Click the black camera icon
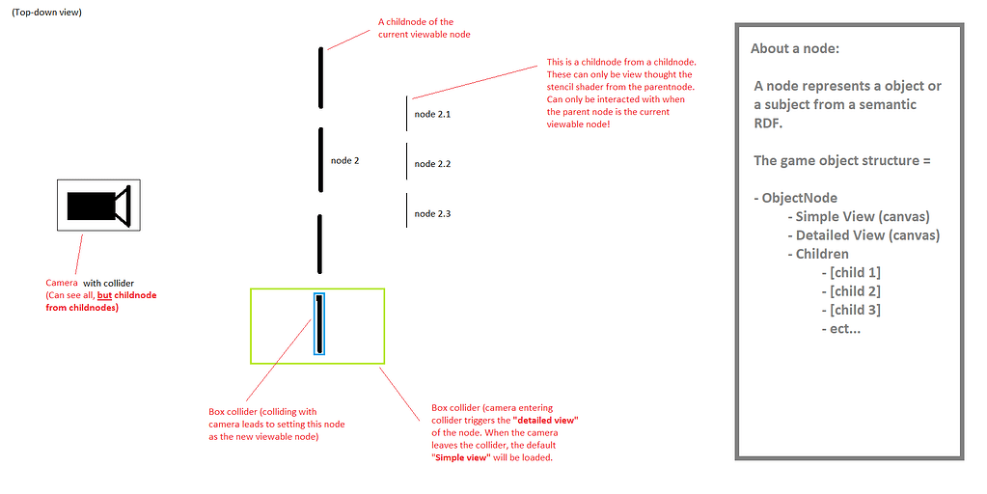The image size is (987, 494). pos(97,206)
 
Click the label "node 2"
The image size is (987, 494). pos(344,160)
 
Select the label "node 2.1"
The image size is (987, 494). pos(432,114)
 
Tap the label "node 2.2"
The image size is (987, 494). pos(432,164)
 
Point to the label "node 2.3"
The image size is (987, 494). pos(432,213)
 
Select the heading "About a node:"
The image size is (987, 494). pos(801,49)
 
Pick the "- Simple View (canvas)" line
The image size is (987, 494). pos(859,216)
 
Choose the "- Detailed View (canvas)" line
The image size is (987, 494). pos(864,235)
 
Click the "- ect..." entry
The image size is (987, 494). pos(842,328)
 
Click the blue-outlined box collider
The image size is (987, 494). pos(318,325)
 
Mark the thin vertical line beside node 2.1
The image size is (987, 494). pos(407,113)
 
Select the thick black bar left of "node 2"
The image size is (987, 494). pos(320,160)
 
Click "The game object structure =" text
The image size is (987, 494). pos(841,160)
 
